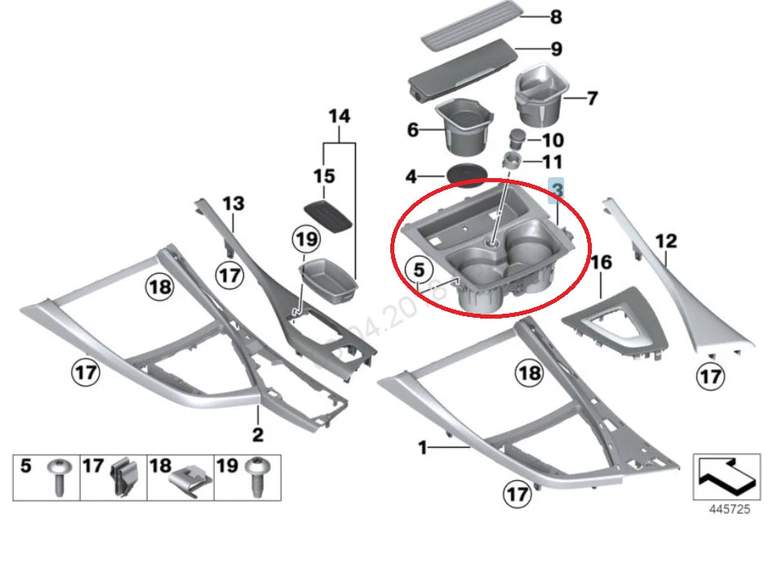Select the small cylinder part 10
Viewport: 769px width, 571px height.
click(x=517, y=137)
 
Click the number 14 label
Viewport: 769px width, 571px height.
click(x=340, y=117)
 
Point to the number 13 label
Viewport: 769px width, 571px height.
click(x=233, y=203)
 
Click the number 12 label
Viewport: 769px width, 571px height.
click(x=666, y=241)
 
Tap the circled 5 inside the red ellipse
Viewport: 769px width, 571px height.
click(x=418, y=268)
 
